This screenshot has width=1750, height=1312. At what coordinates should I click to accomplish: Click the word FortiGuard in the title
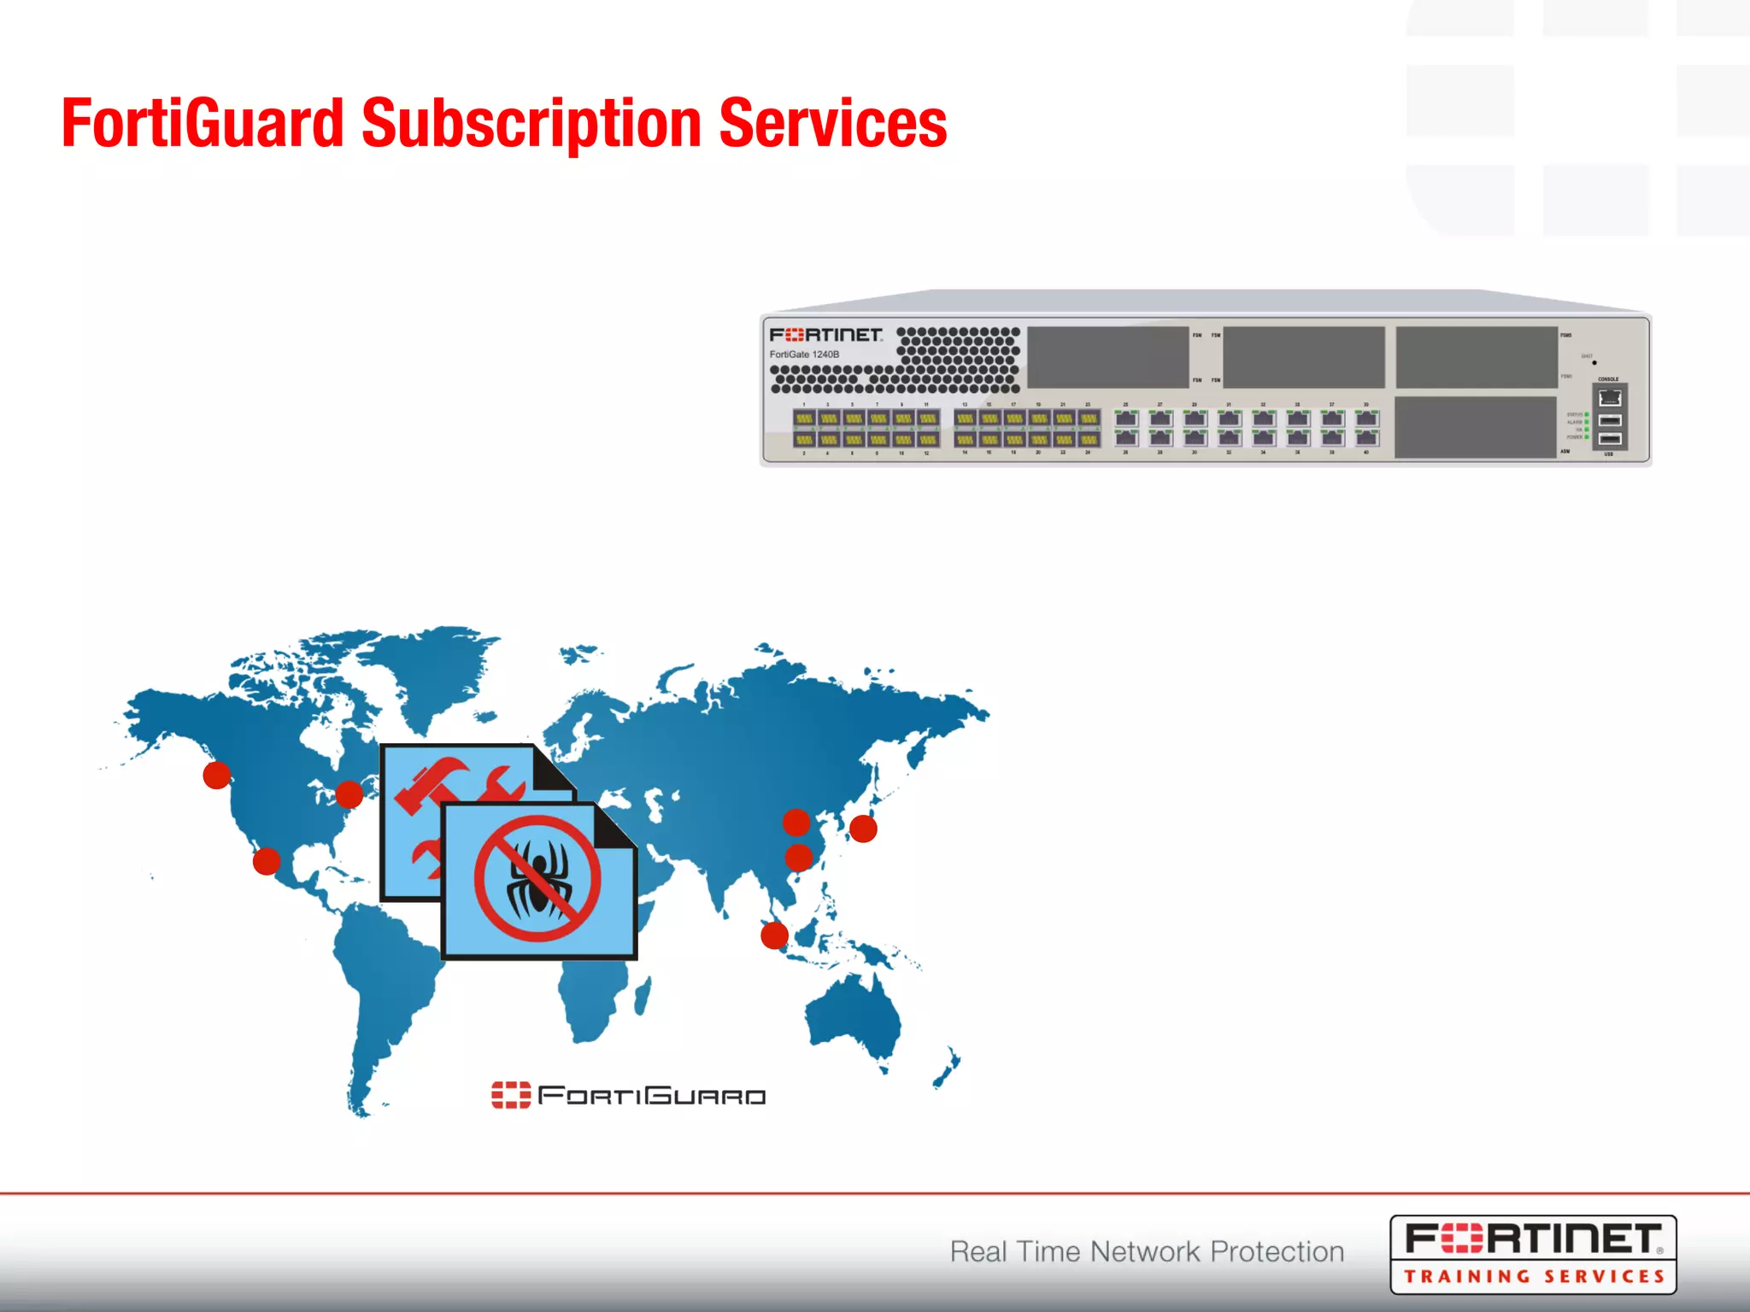[202, 123]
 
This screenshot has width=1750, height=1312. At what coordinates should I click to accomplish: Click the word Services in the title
[832, 123]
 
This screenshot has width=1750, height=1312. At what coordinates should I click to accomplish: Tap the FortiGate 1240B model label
[804, 354]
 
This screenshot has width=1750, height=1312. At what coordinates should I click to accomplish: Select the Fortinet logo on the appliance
[825, 335]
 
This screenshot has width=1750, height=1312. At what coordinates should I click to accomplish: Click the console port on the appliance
[1610, 398]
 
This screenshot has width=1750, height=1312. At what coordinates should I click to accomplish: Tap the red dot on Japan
[863, 829]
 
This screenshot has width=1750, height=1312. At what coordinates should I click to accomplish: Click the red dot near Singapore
[774, 935]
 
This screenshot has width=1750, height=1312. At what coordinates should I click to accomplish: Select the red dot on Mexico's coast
[267, 860]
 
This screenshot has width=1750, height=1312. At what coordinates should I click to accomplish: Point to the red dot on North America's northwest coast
[217, 775]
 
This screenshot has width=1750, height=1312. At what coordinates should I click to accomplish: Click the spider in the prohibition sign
[537, 877]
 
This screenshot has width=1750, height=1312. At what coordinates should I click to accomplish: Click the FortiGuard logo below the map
[628, 1095]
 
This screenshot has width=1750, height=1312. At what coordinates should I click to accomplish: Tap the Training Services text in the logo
[1534, 1276]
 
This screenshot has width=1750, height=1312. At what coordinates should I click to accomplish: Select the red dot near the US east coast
[349, 794]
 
